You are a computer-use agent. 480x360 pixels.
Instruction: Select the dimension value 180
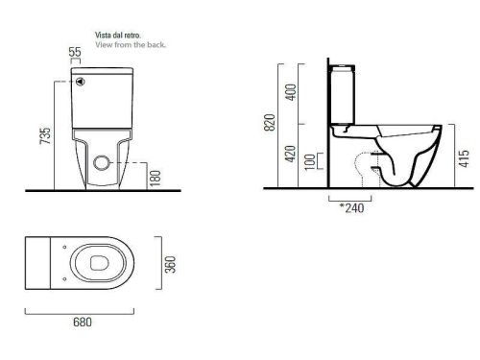pos(156,176)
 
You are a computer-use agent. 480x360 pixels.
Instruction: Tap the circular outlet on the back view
pos(99,162)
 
